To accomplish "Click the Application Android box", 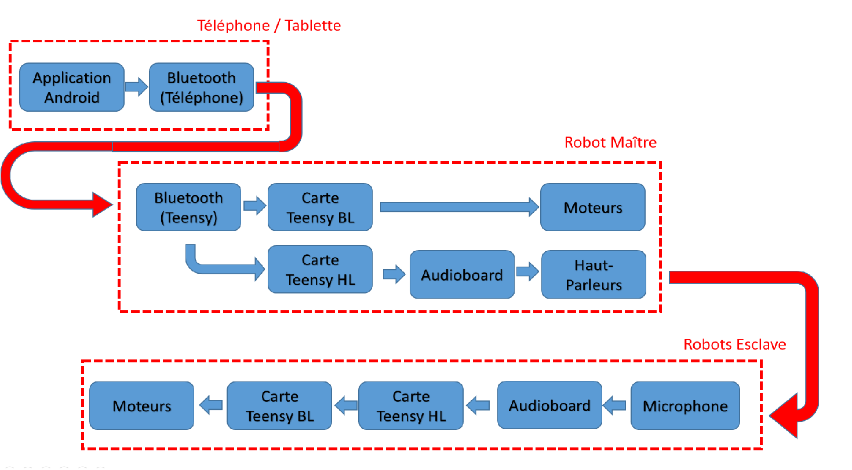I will pyautogui.click(x=72, y=87).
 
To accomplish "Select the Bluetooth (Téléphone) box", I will pyautogui.click(x=201, y=87).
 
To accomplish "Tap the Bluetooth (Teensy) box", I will pyautogui.click(x=188, y=207).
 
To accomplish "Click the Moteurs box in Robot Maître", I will pyautogui.click(x=593, y=207).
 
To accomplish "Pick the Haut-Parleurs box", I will pyautogui.click(x=594, y=274).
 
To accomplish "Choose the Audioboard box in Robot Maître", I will pyautogui.click(x=462, y=274).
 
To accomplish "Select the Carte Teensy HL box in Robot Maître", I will pyautogui.click(x=320, y=270).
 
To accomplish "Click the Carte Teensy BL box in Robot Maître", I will pyautogui.click(x=320, y=207).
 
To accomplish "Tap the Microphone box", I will pyautogui.click(x=685, y=406).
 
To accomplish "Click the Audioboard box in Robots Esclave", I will pyautogui.click(x=549, y=405).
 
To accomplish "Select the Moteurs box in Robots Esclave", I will pyautogui.click(x=142, y=406).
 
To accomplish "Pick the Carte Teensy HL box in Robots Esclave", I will pyautogui.click(x=411, y=406).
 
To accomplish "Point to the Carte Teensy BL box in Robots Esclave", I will pyautogui.click(x=279, y=406).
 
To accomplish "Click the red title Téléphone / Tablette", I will pyautogui.click(x=269, y=25).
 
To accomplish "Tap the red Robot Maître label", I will pyautogui.click(x=611, y=142).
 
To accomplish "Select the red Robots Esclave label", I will pyautogui.click(x=735, y=345).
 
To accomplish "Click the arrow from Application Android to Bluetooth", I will pyautogui.click(x=137, y=87).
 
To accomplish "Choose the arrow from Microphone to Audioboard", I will pyautogui.click(x=615, y=406).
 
